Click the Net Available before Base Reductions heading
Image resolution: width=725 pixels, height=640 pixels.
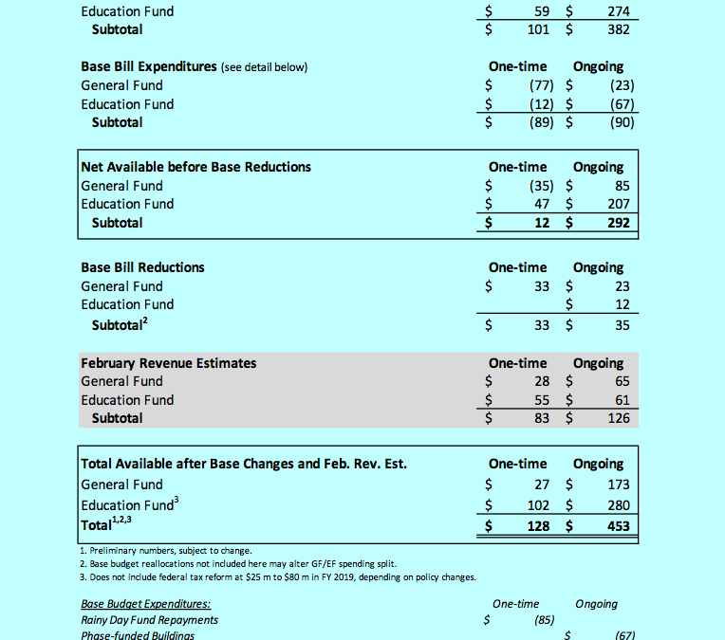pyautogui.click(x=196, y=167)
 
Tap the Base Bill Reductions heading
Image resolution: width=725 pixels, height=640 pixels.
pyautogui.click(x=142, y=267)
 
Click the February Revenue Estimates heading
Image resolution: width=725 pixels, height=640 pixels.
pyautogui.click(x=168, y=363)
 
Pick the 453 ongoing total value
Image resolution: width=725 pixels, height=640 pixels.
pyautogui.click(x=617, y=526)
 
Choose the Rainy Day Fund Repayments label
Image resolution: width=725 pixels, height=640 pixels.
pyautogui.click(x=149, y=620)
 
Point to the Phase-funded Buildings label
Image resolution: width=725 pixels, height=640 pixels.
pyautogui.click(x=138, y=635)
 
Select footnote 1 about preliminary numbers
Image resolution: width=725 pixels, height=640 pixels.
pyautogui.click(x=166, y=550)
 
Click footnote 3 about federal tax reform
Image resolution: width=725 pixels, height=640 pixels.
pyautogui.click(x=278, y=577)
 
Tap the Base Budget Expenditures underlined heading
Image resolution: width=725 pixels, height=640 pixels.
pyautogui.click(x=145, y=604)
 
